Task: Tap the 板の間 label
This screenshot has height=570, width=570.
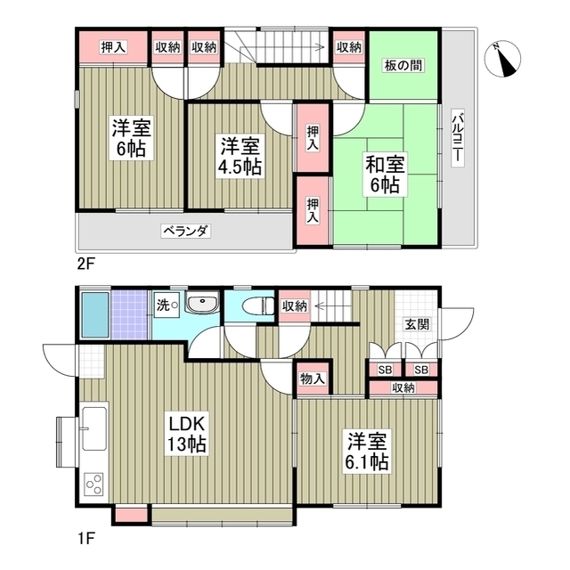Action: (403, 66)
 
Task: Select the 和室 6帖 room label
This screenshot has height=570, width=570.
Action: (384, 175)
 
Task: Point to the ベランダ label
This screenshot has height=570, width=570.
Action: (185, 232)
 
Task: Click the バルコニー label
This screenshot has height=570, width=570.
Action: (456, 136)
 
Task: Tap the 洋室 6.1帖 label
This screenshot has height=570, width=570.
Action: (367, 452)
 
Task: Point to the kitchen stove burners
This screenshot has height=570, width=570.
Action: (94, 484)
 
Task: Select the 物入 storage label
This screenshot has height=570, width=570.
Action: (312, 379)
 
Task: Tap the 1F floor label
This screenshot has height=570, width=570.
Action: (85, 538)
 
